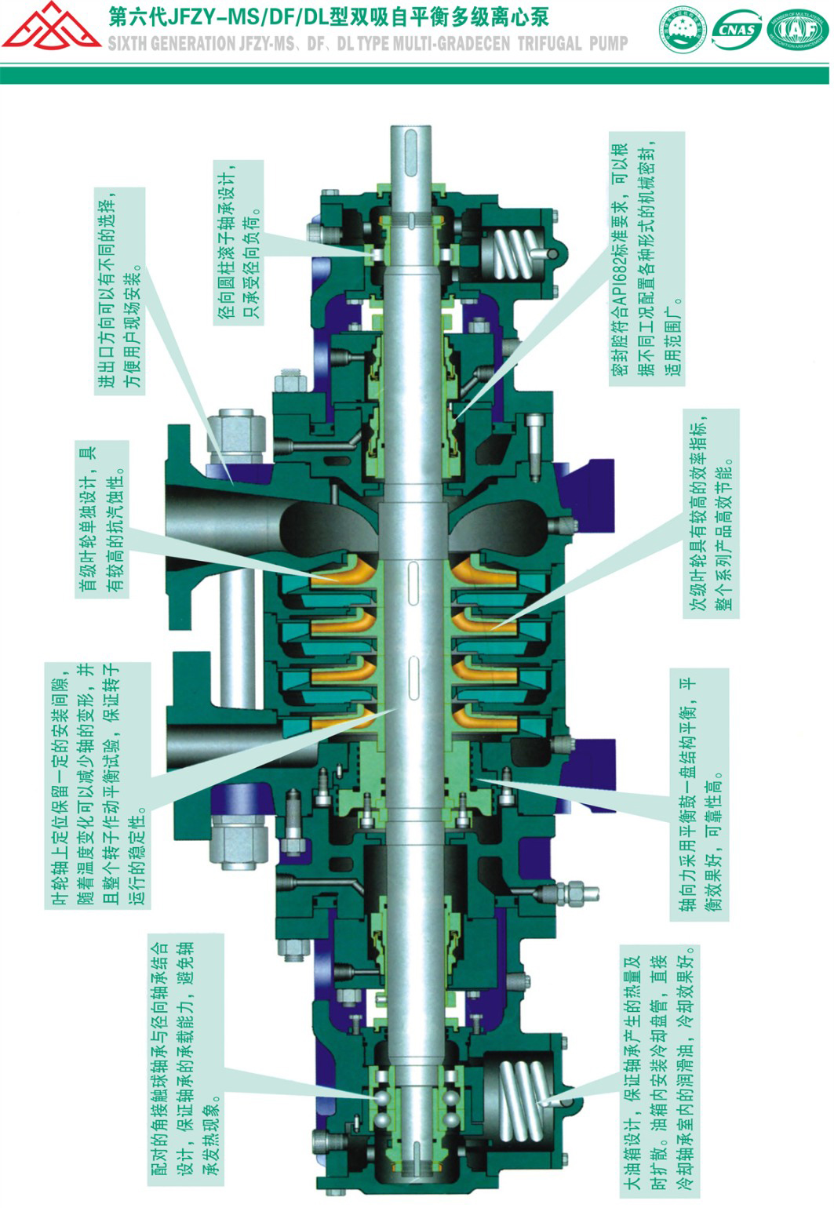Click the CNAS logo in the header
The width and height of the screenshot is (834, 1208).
[737, 31]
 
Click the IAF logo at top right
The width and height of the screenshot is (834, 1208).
[797, 32]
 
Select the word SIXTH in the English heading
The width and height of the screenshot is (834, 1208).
[127, 44]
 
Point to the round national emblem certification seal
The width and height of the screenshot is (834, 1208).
[683, 32]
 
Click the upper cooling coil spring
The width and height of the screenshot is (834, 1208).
[516, 253]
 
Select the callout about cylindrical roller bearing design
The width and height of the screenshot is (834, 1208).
[239, 242]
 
